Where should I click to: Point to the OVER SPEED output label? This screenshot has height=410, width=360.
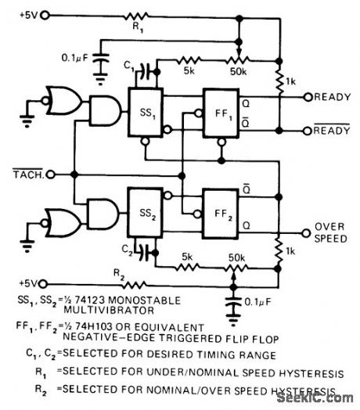click(329, 232)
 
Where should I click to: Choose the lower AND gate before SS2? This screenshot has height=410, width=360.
click(102, 213)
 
